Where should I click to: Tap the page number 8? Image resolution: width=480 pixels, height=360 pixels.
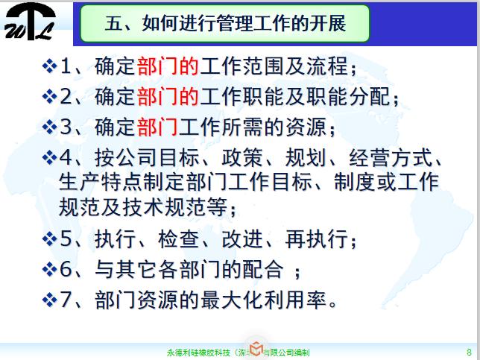point(467,350)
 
